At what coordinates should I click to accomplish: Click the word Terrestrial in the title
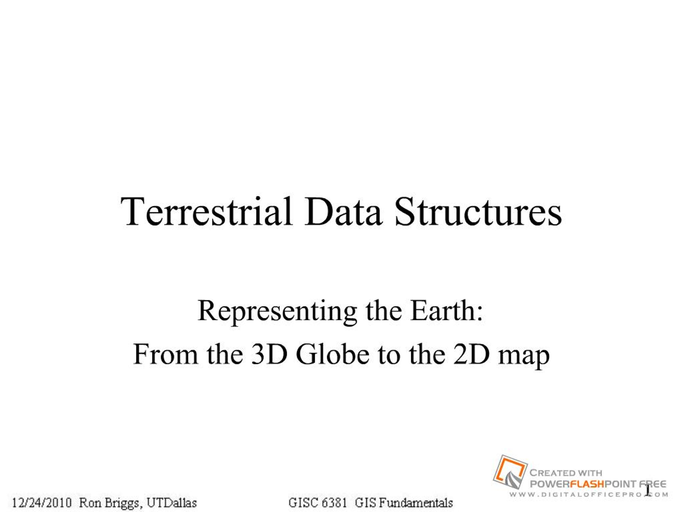click(206, 212)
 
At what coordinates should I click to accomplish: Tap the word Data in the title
click(343, 212)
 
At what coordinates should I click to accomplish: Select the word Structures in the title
click(478, 212)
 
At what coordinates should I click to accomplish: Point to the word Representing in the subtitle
click(277, 313)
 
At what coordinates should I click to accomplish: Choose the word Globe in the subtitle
click(332, 354)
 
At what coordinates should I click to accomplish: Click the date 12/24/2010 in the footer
click(42, 502)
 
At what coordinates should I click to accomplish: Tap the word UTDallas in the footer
click(172, 502)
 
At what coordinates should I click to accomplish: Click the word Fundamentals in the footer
click(416, 502)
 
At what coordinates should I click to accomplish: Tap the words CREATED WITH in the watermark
click(566, 473)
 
